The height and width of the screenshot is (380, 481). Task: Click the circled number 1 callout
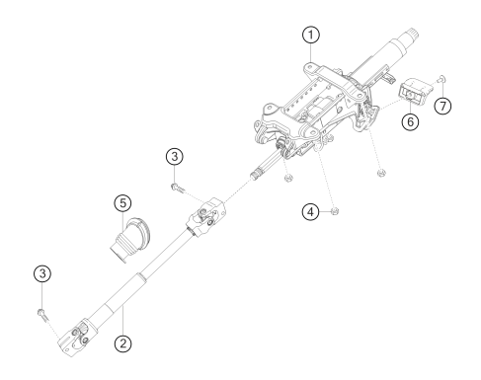(x=311, y=35)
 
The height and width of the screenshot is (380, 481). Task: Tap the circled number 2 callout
(x=122, y=343)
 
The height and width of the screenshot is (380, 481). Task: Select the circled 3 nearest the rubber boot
(x=175, y=157)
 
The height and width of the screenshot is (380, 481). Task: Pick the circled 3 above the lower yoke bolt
(x=42, y=273)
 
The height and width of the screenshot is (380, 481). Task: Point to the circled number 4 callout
(x=310, y=212)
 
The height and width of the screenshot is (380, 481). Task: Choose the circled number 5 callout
(x=122, y=203)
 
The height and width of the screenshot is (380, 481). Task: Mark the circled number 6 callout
(x=410, y=121)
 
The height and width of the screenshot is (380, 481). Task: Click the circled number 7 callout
(x=442, y=106)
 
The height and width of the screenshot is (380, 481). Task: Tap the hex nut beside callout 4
(x=335, y=211)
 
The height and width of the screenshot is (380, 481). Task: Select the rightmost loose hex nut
(x=381, y=173)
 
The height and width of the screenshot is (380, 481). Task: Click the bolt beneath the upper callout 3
(x=178, y=188)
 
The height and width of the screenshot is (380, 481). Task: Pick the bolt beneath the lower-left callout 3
(x=43, y=315)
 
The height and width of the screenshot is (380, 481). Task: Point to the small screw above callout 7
(x=441, y=78)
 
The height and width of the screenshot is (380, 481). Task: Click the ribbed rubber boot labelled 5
(x=129, y=240)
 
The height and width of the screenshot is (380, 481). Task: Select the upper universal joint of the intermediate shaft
(x=206, y=216)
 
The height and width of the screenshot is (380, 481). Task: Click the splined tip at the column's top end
(x=412, y=34)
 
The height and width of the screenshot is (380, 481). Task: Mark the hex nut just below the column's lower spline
(x=288, y=178)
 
